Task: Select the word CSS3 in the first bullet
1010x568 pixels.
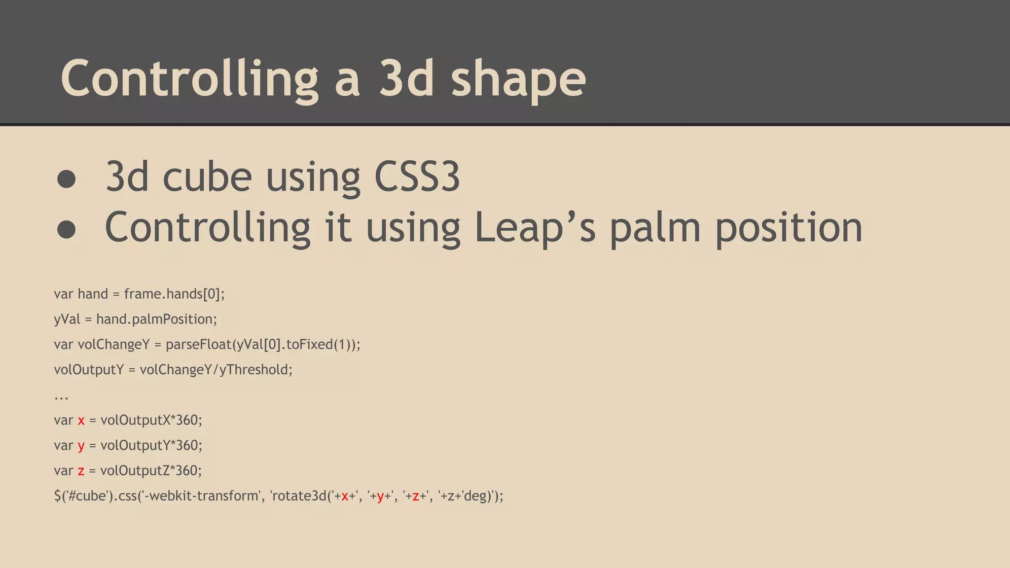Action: pos(417,177)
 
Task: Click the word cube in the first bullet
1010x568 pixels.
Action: pos(207,177)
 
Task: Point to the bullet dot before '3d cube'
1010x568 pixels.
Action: pos(67,179)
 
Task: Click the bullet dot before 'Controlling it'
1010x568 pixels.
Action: pos(67,229)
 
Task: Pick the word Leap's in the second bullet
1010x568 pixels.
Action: pos(535,227)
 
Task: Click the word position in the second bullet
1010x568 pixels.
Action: pos(789,227)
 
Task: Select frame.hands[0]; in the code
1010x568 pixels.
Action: pos(174,294)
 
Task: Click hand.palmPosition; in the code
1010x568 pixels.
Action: pos(156,319)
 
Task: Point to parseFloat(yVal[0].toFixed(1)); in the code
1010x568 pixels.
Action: pos(263,344)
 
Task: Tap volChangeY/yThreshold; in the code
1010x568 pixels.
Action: pos(216,369)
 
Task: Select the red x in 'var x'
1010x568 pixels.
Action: pos(81,421)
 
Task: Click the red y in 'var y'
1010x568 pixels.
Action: pos(81,446)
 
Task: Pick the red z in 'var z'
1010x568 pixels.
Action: pos(81,471)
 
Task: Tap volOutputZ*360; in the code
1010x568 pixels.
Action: pos(151,470)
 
